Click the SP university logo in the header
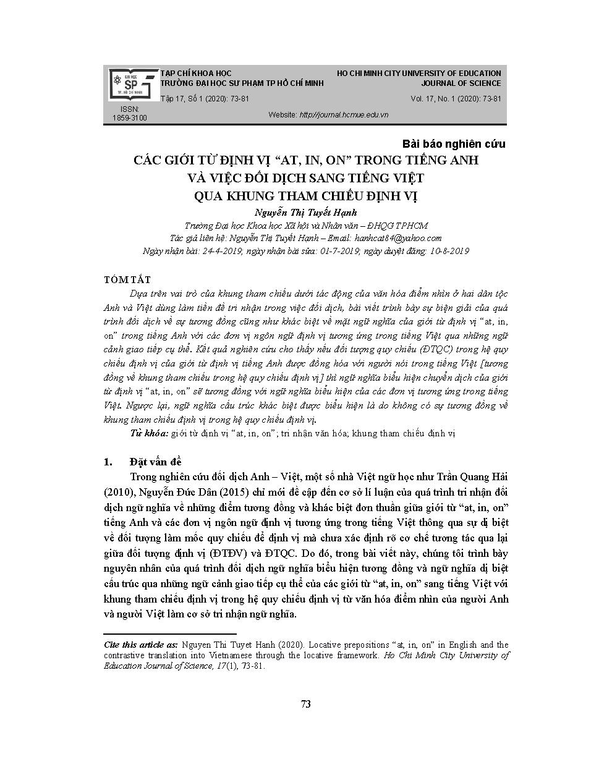(130, 84)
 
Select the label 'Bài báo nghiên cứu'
(454, 144)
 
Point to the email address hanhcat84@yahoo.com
(403, 238)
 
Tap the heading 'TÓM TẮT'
(127, 280)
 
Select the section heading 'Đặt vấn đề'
(156, 462)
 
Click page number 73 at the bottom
(305, 704)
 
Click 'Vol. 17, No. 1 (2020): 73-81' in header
(456, 99)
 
